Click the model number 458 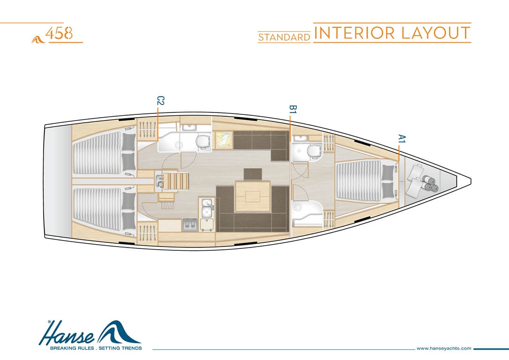pos(59,33)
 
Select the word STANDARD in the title pos(284,37)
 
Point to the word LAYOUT pos(435,33)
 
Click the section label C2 pos(160,101)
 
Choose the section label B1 pos(293,109)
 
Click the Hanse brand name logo pos(90,333)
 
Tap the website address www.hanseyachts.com pos(444,348)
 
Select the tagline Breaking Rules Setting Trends pos(96,348)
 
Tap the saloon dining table pos(253,196)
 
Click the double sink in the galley pos(206,208)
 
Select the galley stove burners pos(190,225)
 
